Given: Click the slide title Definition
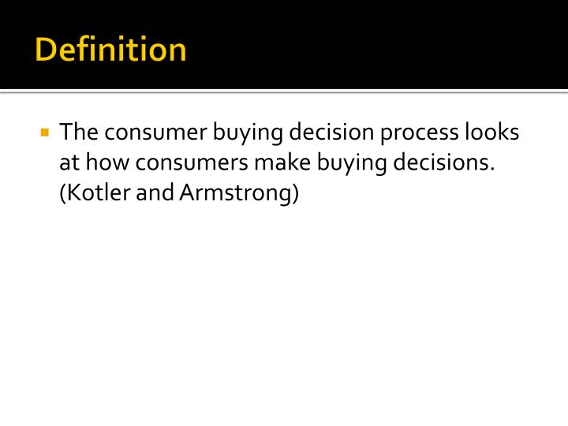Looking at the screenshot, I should (111, 50).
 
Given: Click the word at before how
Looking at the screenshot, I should (69, 163).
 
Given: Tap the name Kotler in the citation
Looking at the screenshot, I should (95, 193).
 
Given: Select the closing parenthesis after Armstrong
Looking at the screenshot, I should (296, 194).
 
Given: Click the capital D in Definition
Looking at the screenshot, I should (45, 50).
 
